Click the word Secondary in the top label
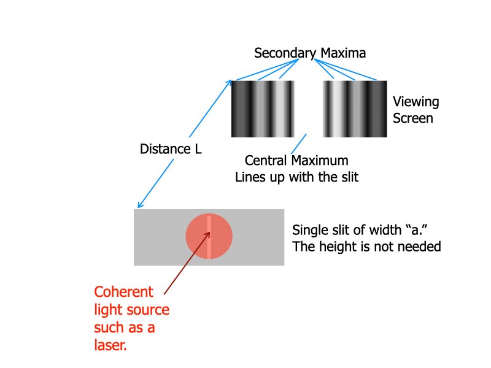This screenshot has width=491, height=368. [x=284, y=53]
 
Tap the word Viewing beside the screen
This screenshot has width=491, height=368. [x=416, y=102]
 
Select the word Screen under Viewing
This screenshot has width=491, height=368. [x=413, y=118]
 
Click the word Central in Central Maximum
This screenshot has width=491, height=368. [x=266, y=161]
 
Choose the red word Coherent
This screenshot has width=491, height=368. [x=123, y=292]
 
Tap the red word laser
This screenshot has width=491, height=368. [x=110, y=345]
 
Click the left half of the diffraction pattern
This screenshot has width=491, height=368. [x=263, y=109]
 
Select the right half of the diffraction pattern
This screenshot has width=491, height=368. [x=355, y=109]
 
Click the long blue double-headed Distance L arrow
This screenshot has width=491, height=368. [x=184, y=144]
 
